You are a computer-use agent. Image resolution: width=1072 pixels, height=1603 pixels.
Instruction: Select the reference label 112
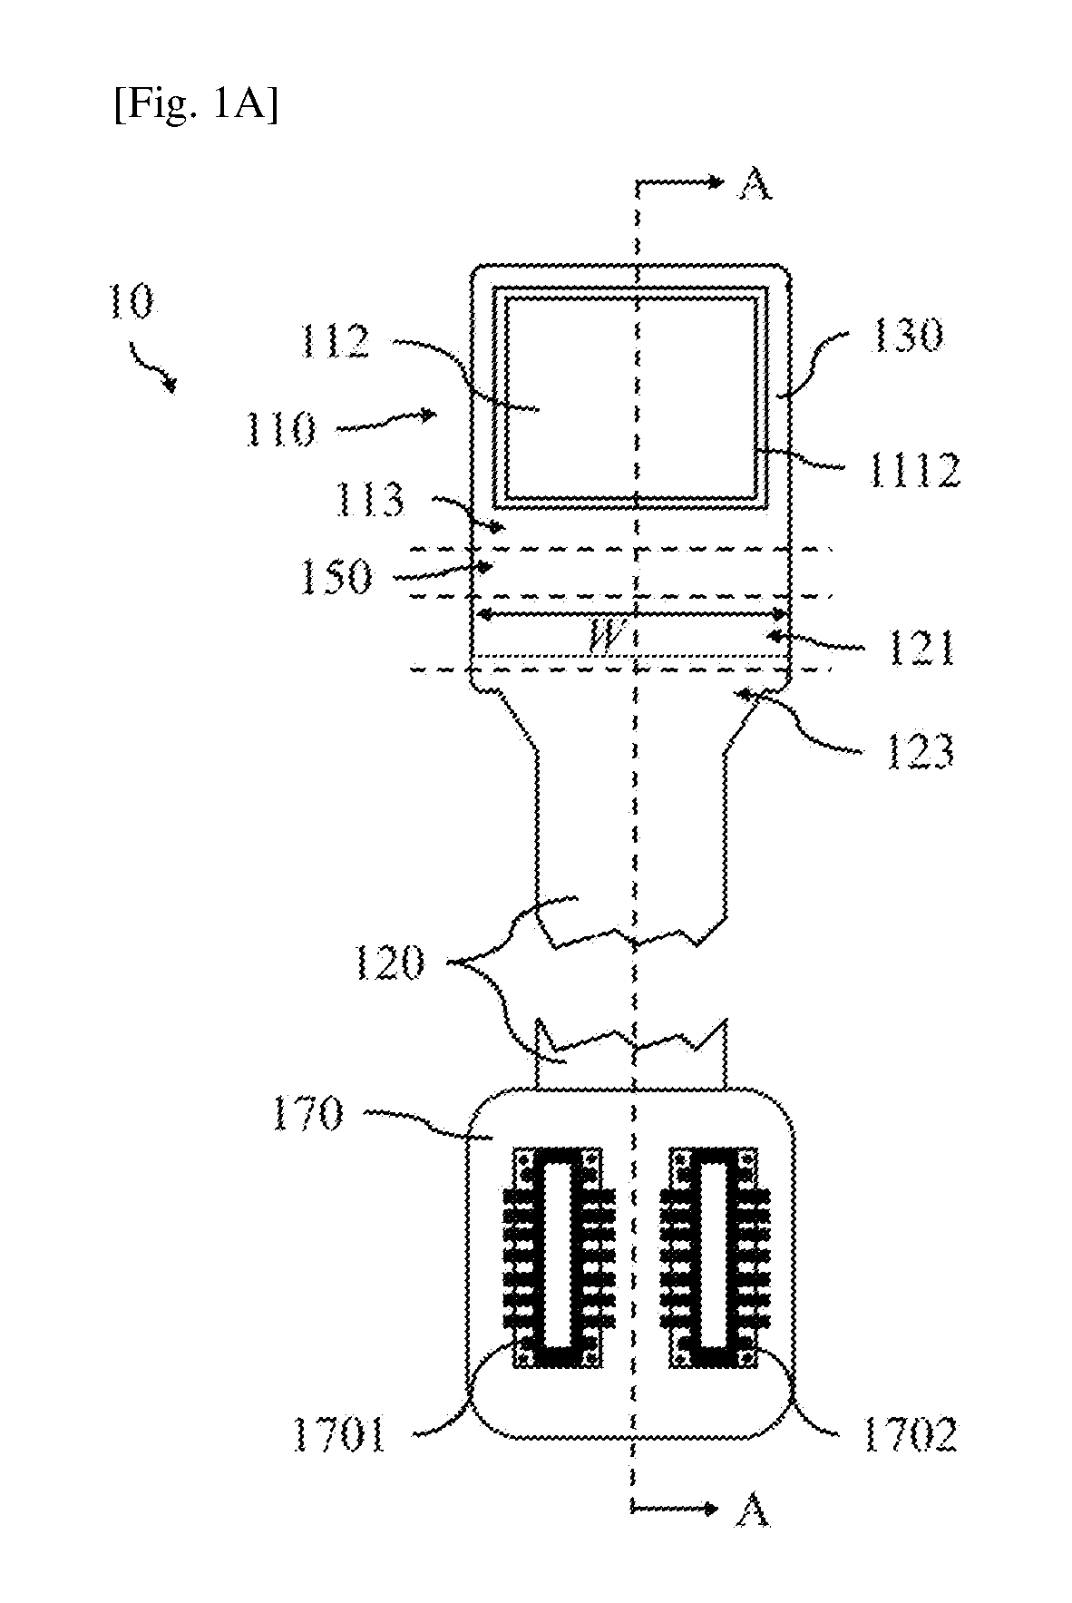(x=336, y=343)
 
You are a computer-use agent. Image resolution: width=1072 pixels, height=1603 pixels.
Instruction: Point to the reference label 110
(x=279, y=427)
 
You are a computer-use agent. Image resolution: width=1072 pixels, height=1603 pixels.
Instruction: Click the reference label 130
(x=908, y=336)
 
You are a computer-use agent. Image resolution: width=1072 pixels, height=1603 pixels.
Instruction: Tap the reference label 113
(x=368, y=499)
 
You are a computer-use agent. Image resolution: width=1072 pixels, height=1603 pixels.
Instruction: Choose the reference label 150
(x=336, y=576)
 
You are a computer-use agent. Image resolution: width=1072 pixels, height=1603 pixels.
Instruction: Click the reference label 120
(x=388, y=963)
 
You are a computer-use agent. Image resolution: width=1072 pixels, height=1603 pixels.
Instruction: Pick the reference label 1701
(x=339, y=1436)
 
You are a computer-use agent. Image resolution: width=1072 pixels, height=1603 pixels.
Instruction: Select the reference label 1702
(x=910, y=1436)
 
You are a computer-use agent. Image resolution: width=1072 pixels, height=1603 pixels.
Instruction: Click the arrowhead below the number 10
(x=169, y=385)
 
